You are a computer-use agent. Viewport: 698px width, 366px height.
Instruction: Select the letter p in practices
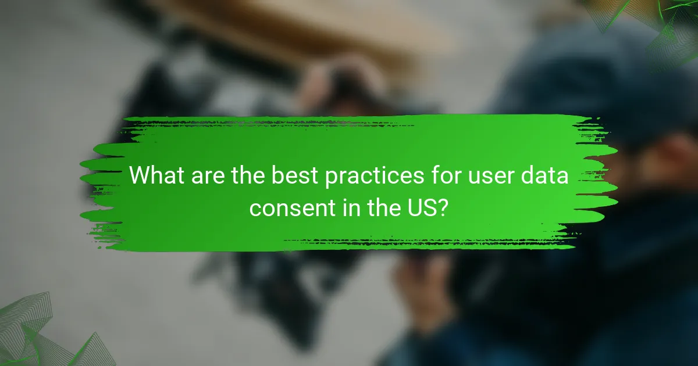(332, 178)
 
